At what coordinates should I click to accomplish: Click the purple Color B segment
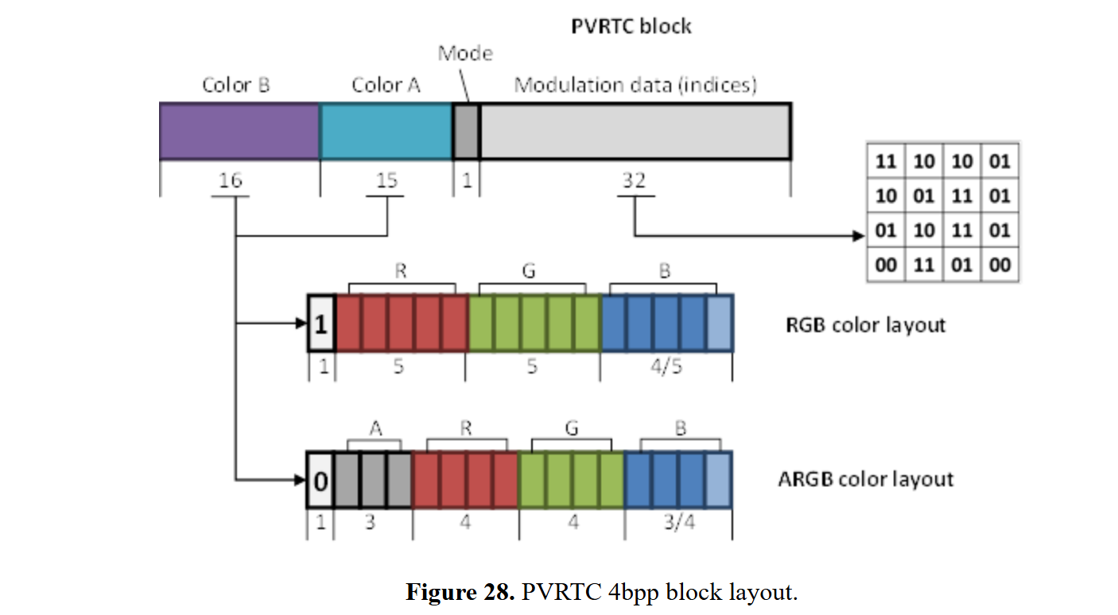pos(239,131)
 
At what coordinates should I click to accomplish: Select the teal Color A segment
pos(386,131)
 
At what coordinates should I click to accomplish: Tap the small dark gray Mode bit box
pos(466,131)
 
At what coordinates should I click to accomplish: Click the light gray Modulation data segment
pos(635,131)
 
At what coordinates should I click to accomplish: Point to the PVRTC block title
pos(631,26)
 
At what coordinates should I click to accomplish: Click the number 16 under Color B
pos(231,181)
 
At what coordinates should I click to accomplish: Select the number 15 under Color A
pos(387,181)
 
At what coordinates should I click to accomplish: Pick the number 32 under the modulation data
pos(634,181)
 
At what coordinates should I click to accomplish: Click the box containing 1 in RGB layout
pos(321,323)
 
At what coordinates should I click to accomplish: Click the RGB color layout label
pos(864,325)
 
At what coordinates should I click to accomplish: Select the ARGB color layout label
pos(865,480)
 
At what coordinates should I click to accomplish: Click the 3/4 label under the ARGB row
pos(677,524)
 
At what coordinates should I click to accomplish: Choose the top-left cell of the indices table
pos(885,162)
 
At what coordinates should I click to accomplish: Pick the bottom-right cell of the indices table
pos(1000,265)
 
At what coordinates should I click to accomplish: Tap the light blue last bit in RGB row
pos(719,323)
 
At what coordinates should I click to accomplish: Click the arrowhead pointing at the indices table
pos(858,236)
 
